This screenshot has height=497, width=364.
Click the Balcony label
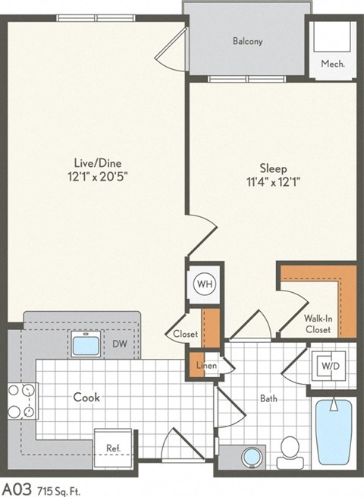pyautogui.click(x=247, y=42)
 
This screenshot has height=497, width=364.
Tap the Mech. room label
pyautogui.click(x=332, y=64)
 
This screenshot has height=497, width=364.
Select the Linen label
pyautogui.click(x=207, y=366)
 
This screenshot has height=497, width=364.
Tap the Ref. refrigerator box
pyautogui.click(x=113, y=448)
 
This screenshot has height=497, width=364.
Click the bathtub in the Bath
pyautogui.click(x=334, y=432)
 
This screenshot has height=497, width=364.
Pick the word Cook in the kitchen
pyautogui.click(x=87, y=397)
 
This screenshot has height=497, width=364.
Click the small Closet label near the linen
pyautogui.click(x=184, y=333)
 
